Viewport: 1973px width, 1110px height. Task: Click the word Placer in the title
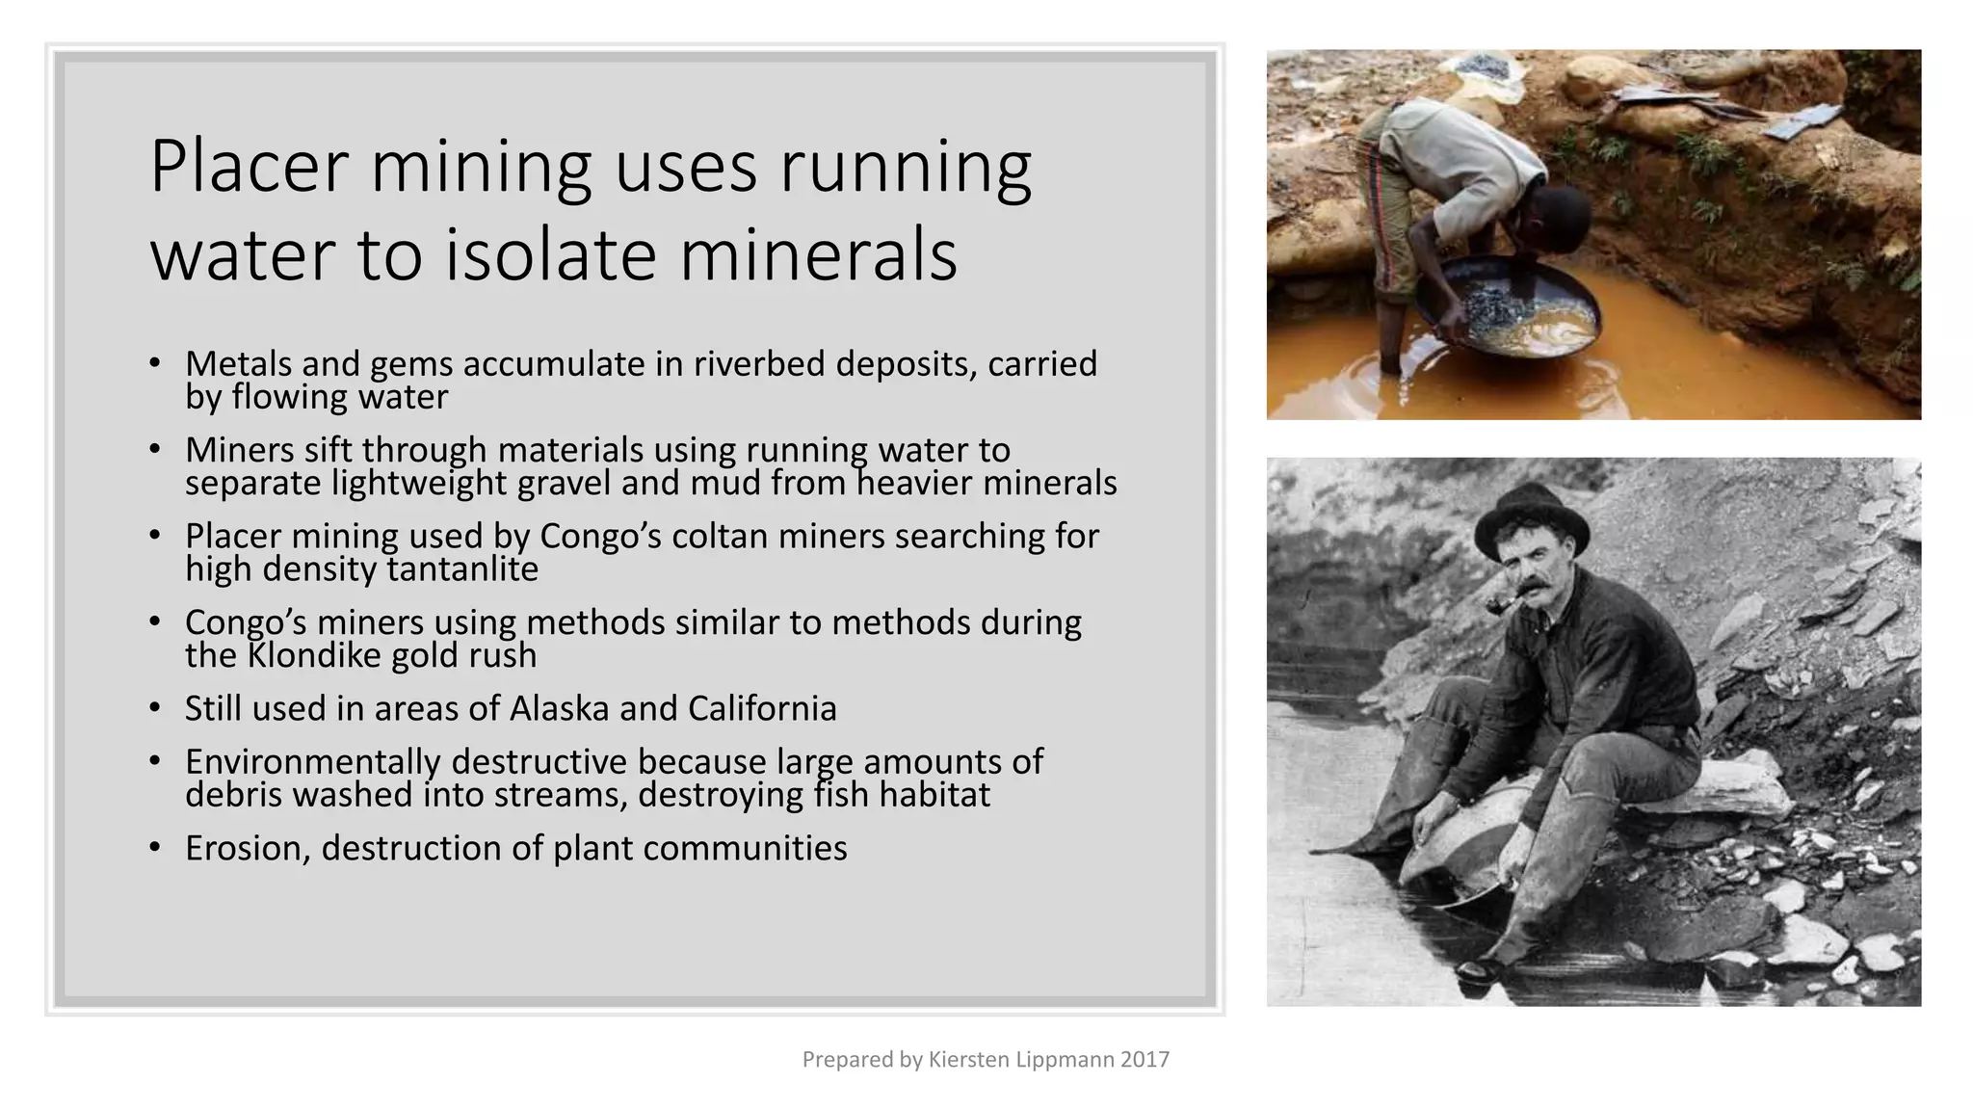(249, 168)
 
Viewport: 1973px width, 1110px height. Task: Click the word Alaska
(559, 709)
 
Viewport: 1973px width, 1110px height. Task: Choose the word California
(762, 709)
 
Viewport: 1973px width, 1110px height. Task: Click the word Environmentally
(312, 762)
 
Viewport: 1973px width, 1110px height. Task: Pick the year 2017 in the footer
(1145, 1060)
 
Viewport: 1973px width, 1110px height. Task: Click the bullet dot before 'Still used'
(155, 709)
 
